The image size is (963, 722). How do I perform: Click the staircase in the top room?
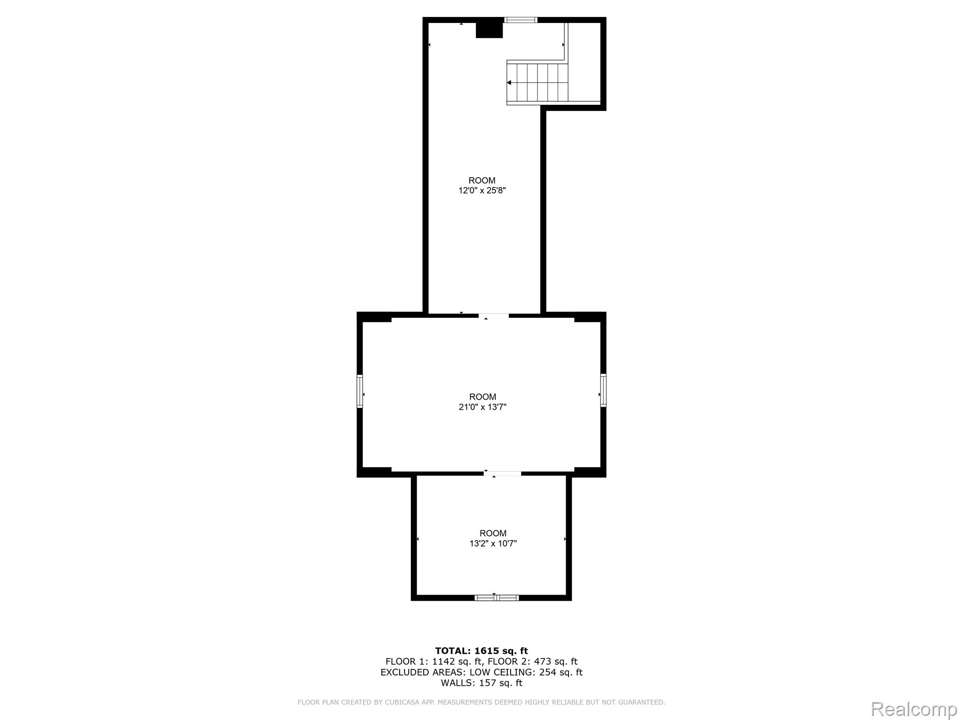pos(537,83)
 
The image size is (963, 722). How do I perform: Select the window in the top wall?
pos(521,20)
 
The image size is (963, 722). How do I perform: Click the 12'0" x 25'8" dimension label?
pos(482,190)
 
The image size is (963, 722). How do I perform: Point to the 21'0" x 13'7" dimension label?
pos(482,407)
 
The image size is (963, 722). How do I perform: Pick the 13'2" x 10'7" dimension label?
pos(493,543)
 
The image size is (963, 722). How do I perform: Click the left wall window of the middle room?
pos(360,391)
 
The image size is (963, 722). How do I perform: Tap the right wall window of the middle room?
pos(603,390)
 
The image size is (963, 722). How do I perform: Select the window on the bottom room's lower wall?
pos(497,598)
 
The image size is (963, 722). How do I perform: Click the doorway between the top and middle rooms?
pos(494,315)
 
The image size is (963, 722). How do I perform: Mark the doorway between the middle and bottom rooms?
pos(503,473)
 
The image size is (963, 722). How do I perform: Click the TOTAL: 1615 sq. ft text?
pos(481,651)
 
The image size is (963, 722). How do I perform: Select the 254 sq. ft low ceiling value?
pos(560,673)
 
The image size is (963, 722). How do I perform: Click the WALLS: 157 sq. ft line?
pos(481,683)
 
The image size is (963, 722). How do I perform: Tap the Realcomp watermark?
pos(914,709)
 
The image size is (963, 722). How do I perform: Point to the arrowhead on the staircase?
pos(509,83)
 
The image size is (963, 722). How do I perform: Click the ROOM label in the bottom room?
pos(493,533)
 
